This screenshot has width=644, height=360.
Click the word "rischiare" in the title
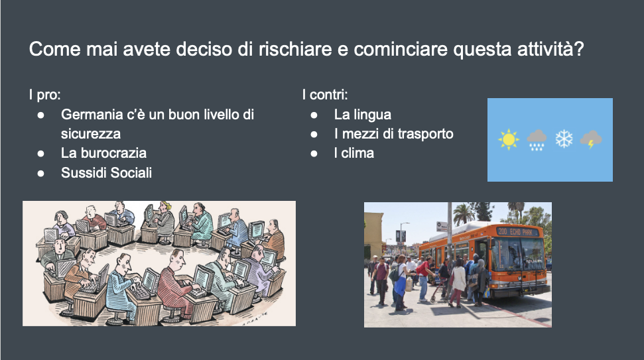coord(295,49)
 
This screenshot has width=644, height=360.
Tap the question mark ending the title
coord(579,49)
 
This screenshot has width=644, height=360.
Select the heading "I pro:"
coord(44,95)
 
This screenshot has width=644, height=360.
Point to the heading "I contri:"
coord(325,95)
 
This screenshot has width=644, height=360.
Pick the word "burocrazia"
coord(113,153)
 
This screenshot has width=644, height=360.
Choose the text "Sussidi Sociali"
coord(106,173)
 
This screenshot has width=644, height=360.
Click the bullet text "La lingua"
coord(363,115)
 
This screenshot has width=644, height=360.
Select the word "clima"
coord(357,153)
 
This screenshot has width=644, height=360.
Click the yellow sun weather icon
coord(509,140)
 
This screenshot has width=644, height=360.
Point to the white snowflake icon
coord(564,139)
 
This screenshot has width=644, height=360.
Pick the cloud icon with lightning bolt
coord(590,140)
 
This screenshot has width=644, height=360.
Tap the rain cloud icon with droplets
coord(537,140)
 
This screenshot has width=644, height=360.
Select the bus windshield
coord(519,254)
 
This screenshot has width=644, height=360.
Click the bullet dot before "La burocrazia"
coord(40,154)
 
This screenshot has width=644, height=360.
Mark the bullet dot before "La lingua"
coord(314,115)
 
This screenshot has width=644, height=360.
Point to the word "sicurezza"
coord(91,134)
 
